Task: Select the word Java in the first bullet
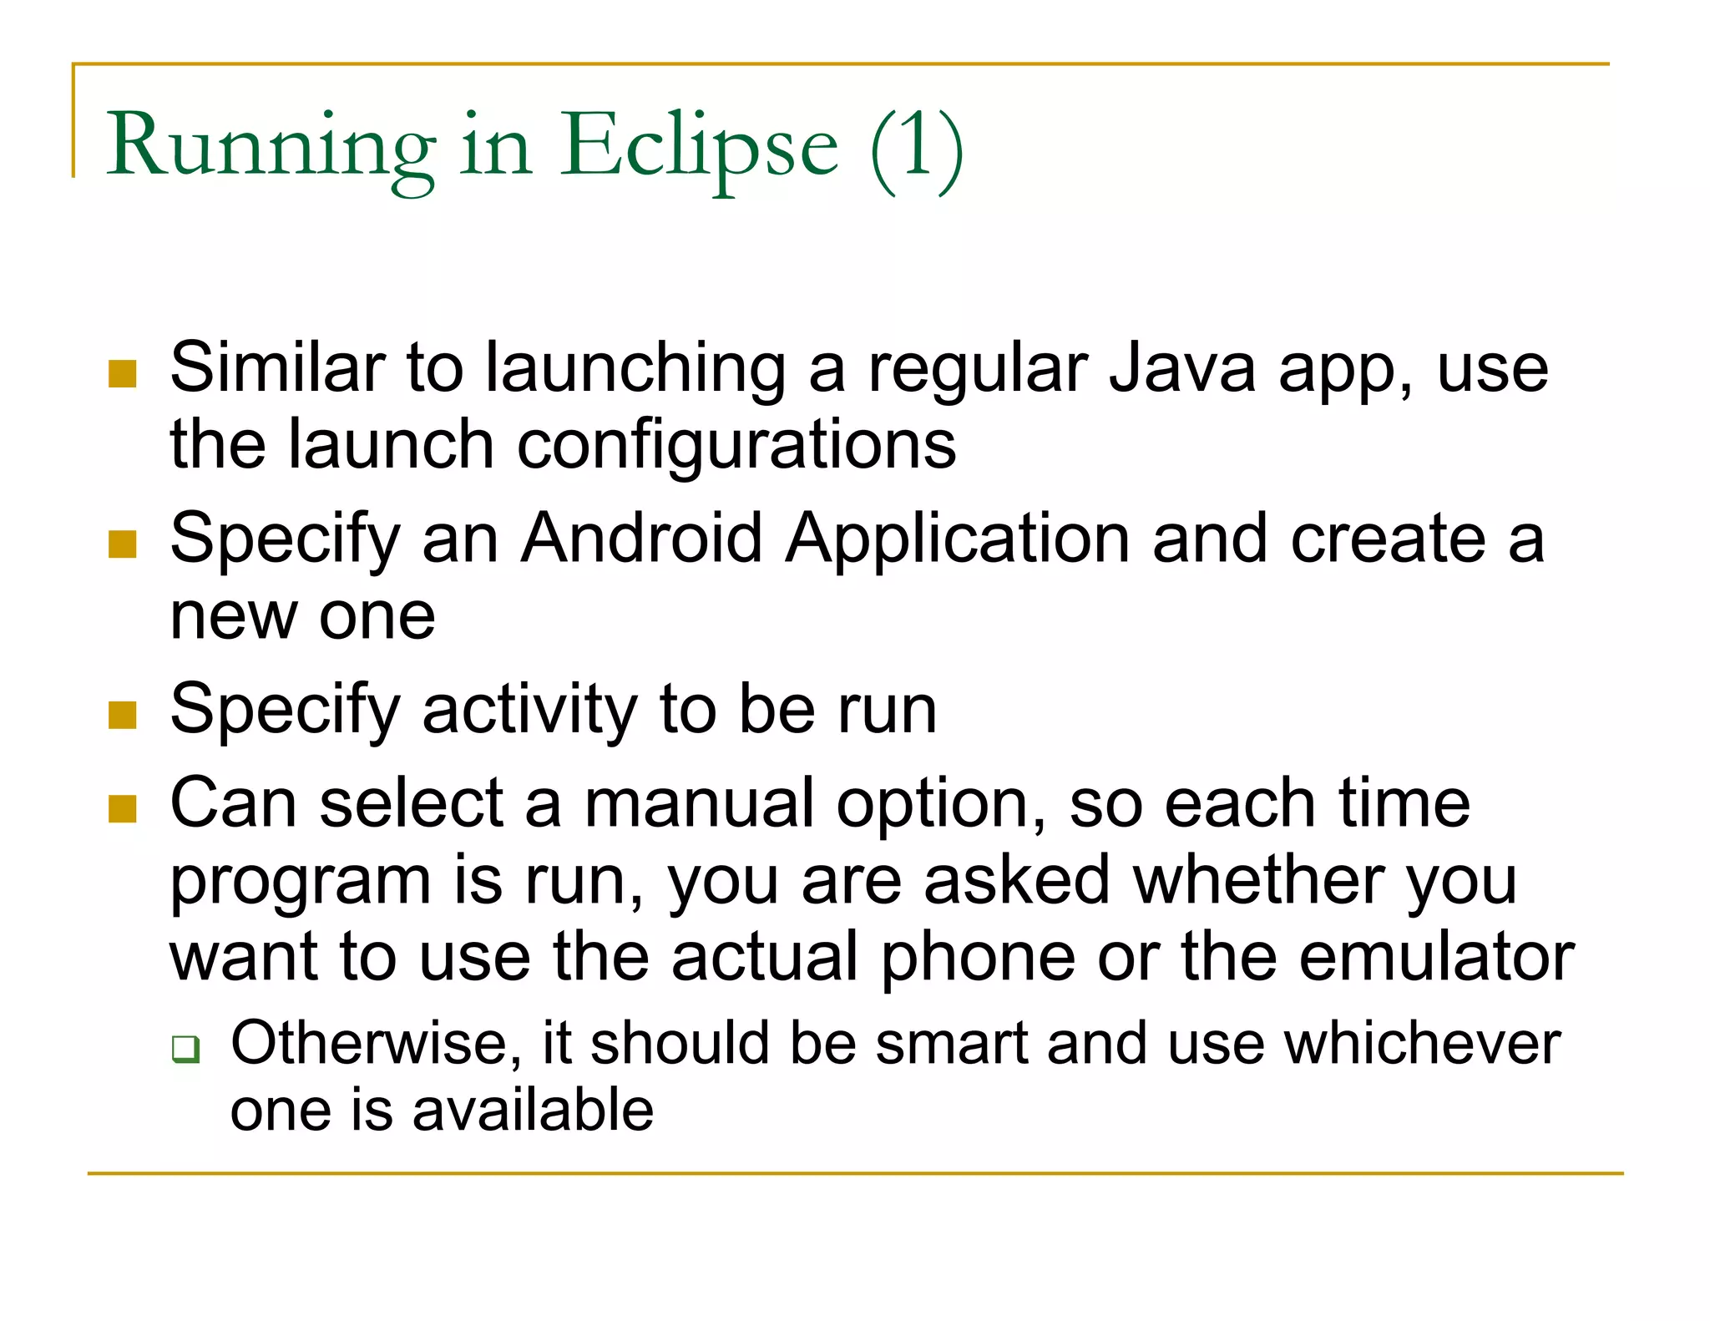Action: click(1181, 368)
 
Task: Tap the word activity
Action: click(529, 710)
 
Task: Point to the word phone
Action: click(978, 957)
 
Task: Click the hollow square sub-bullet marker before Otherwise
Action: click(185, 1049)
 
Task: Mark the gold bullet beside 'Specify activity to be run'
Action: click(123, 715)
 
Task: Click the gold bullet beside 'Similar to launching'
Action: click(123, 374)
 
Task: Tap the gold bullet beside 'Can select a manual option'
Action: click(123, 808)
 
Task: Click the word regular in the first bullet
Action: click(977, 368)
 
